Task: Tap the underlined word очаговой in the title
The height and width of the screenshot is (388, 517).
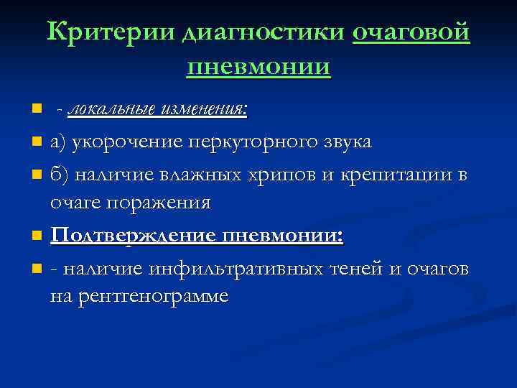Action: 411,32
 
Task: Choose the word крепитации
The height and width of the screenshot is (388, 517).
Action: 397,173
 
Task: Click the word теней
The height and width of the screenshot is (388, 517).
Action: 357,268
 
